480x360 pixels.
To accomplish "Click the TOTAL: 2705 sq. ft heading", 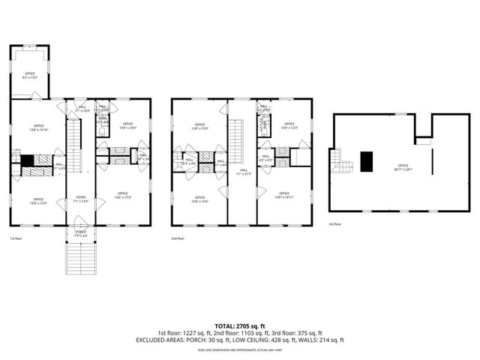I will coord(239,326).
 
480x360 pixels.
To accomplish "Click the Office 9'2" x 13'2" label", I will coord(30,75).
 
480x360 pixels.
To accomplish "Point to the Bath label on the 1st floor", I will coord(103,118).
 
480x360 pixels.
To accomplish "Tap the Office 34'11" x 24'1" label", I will coord(403,167).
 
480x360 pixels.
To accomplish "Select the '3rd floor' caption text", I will coord(334,223).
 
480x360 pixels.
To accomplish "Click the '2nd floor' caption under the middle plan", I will coord(178,238).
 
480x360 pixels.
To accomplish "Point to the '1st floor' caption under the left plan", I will coord(15,238).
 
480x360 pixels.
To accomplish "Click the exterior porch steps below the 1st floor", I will coord(81,259).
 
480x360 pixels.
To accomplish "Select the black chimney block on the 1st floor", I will coord(26,160).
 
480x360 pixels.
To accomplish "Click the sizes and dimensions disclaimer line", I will coord(239,349).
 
